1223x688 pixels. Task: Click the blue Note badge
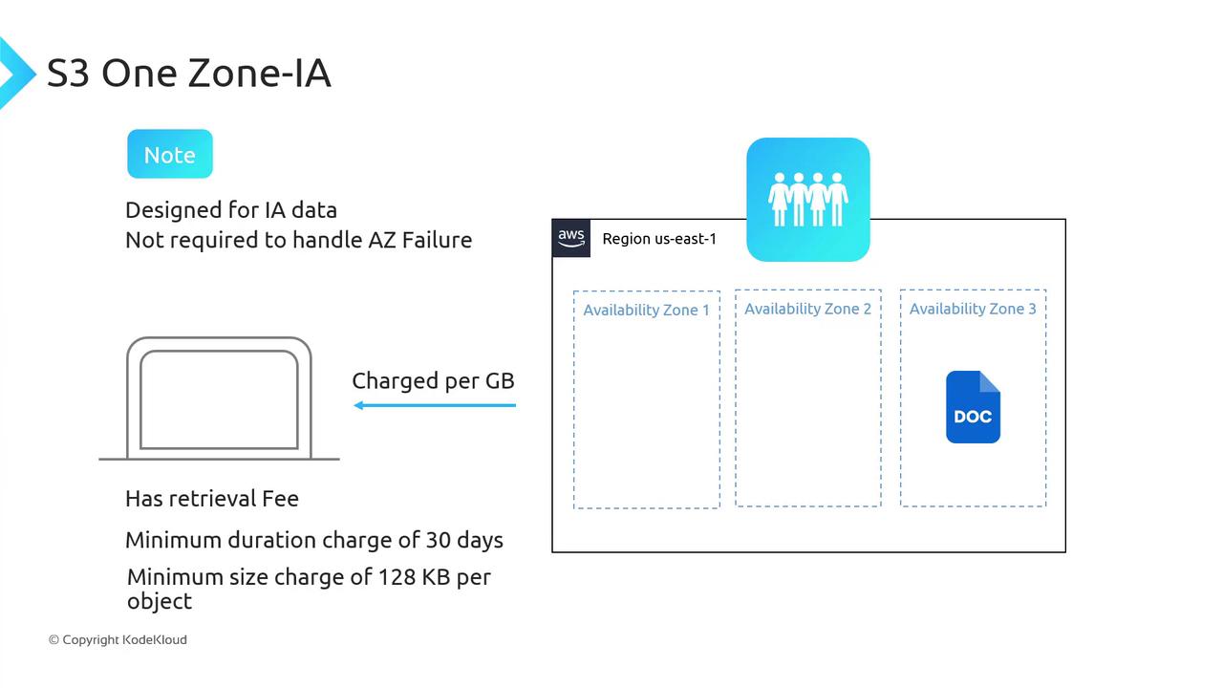pyautogui.click(x=170, y=154)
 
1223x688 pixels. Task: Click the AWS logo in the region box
pyautogui.click(x=571, y=238)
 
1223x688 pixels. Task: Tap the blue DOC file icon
pyautogui.click(x=973, y=407)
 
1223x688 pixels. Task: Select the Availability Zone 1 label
pyautogui.click(x=646, y=310)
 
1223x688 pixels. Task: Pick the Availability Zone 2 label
pyautogui.click(x=807, y=309)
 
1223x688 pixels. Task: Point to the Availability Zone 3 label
pyautogui.click(x=973, y=309)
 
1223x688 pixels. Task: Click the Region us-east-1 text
pyautogui.click(x=659, y=239)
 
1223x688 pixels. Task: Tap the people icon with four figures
pyautogui.click(x=807, y=200)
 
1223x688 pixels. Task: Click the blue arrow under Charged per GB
pyautogui.click(x=435, y=405)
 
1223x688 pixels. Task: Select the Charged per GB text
pyautogui.click(x=433, y=380)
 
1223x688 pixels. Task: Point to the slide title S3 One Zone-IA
pyautogui.click(x=188, y=74)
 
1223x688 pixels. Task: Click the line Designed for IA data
pyautogui.click(x=231, y=210)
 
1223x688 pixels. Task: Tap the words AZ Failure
pyautogui.click(x=420, y=240)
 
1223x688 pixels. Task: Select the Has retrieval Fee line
pyautogui.click(x=212, y=498)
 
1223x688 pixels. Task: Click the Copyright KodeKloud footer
pyautogui.click(x=118, y=639)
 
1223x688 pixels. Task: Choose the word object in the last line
pyautogui.click(x=160, y=601)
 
